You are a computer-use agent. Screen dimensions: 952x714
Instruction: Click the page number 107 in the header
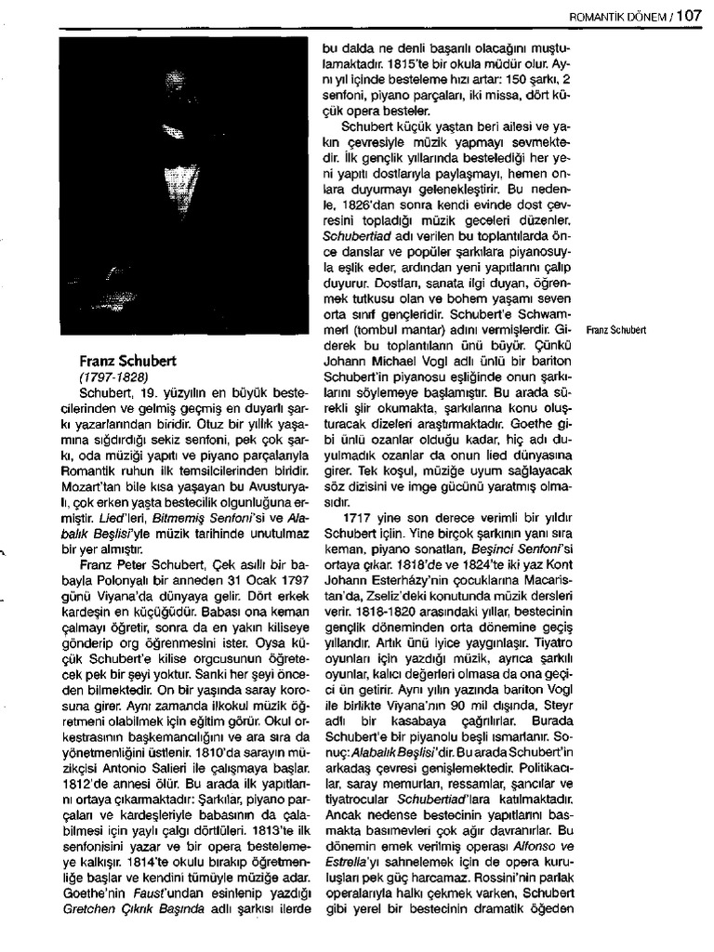coord(689,14)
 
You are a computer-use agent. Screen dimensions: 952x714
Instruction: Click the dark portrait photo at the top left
coord(182,186)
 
